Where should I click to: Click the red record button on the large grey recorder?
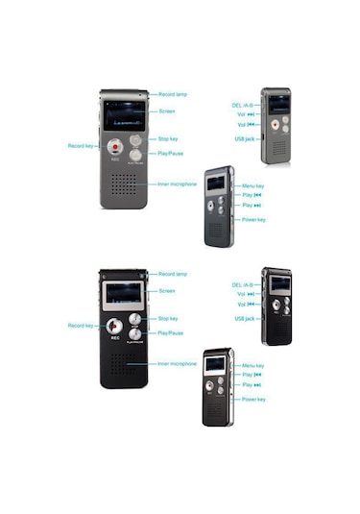point(114,146)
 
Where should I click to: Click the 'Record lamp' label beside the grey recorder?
point(172,94)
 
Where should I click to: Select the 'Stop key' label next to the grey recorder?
point(167,139)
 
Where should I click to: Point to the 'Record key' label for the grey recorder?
point(82,145)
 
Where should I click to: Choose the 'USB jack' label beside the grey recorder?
point(244,138)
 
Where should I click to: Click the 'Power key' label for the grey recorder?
point(254,219)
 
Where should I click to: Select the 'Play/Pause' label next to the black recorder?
point(170,332)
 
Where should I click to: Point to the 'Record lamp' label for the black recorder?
point(172,275)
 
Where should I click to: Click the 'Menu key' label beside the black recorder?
point(253,366)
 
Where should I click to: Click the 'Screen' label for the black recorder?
point(167,290)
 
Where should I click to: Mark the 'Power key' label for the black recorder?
point(254,399)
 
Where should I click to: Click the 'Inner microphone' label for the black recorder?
point(177,364)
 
